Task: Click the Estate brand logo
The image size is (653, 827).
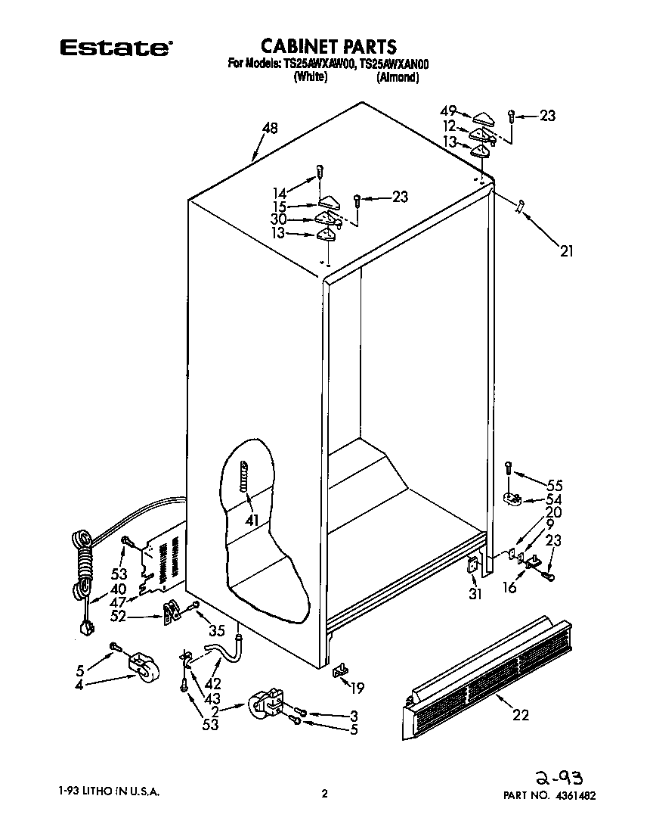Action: pos(115,48)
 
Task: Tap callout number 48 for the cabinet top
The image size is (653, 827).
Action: pos(271,129)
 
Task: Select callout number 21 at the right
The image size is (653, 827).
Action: pos(566,251)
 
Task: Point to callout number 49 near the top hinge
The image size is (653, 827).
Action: pos(448,110)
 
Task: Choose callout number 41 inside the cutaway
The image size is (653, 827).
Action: pos(251,521)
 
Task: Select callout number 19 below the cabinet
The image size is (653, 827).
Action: pos(357,688)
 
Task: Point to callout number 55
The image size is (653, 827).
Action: pos(554,485)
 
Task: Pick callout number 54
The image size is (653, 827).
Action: pos(554,499)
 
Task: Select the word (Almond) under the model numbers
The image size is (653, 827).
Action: pos(398,77)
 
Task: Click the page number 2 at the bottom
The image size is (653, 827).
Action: pos(324,794)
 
